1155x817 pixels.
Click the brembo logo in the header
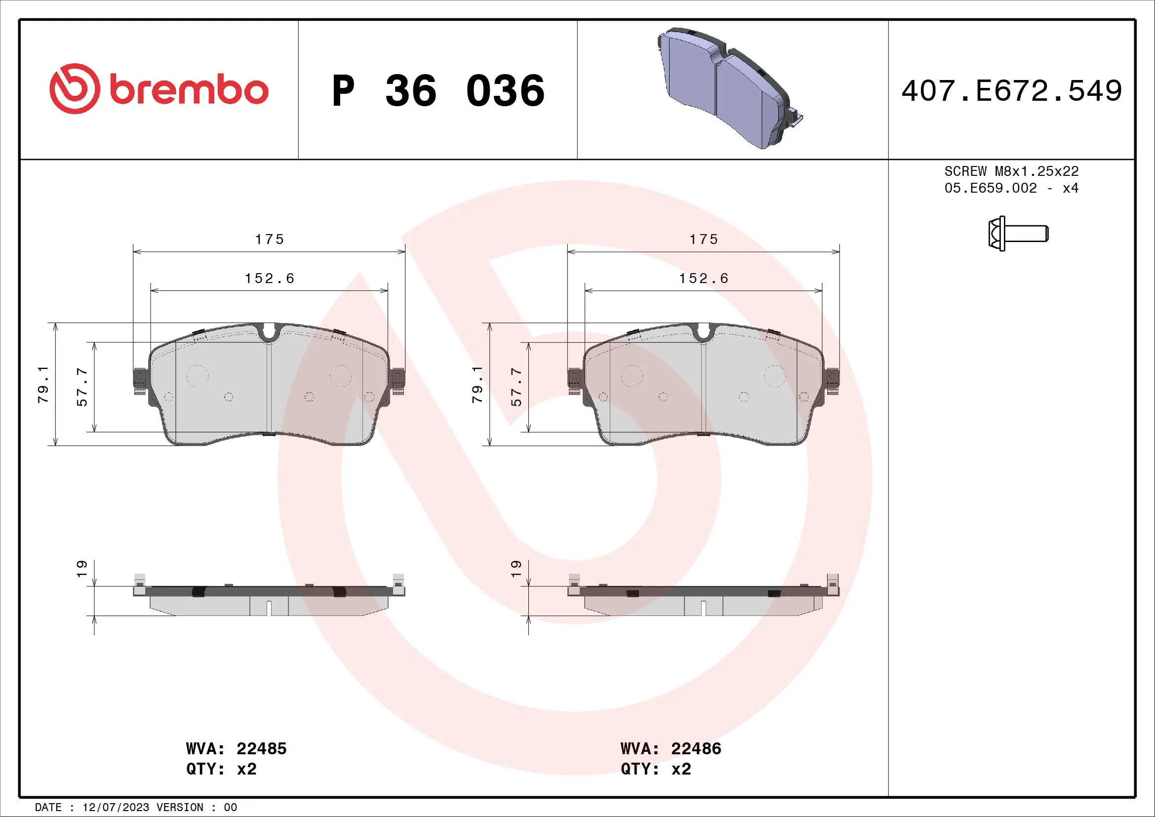tap(159, 89)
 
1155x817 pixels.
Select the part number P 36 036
tap(438, 91)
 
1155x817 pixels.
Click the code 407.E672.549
tap(1011, 91)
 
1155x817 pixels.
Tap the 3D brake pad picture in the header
tap(729, 88)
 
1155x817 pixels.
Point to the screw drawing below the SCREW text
tap(1017, 234)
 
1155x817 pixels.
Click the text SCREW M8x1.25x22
tap(1011, 171)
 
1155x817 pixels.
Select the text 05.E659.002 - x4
tap(1011, 188)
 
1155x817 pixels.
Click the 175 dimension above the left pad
tap(269, 240)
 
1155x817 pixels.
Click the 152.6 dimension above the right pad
tap(703, 278)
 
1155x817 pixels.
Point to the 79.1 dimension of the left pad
tap(43, 384)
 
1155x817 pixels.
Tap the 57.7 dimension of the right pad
tap(516, 386)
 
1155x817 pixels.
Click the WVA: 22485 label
tap(236, 748)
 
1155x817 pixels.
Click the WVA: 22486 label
tap(671, 748)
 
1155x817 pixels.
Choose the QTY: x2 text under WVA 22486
tap(655, 769)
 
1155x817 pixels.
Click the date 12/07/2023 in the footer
tap(116, 808)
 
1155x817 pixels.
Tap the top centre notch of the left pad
tap(269, 332)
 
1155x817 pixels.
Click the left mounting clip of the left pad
tap(140, 381)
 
